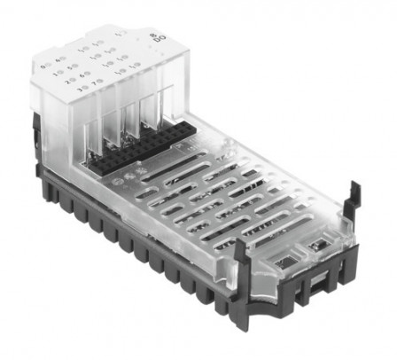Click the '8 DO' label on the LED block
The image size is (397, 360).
160,36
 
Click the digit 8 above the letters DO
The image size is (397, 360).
160,32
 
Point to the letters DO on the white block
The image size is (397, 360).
160,40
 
